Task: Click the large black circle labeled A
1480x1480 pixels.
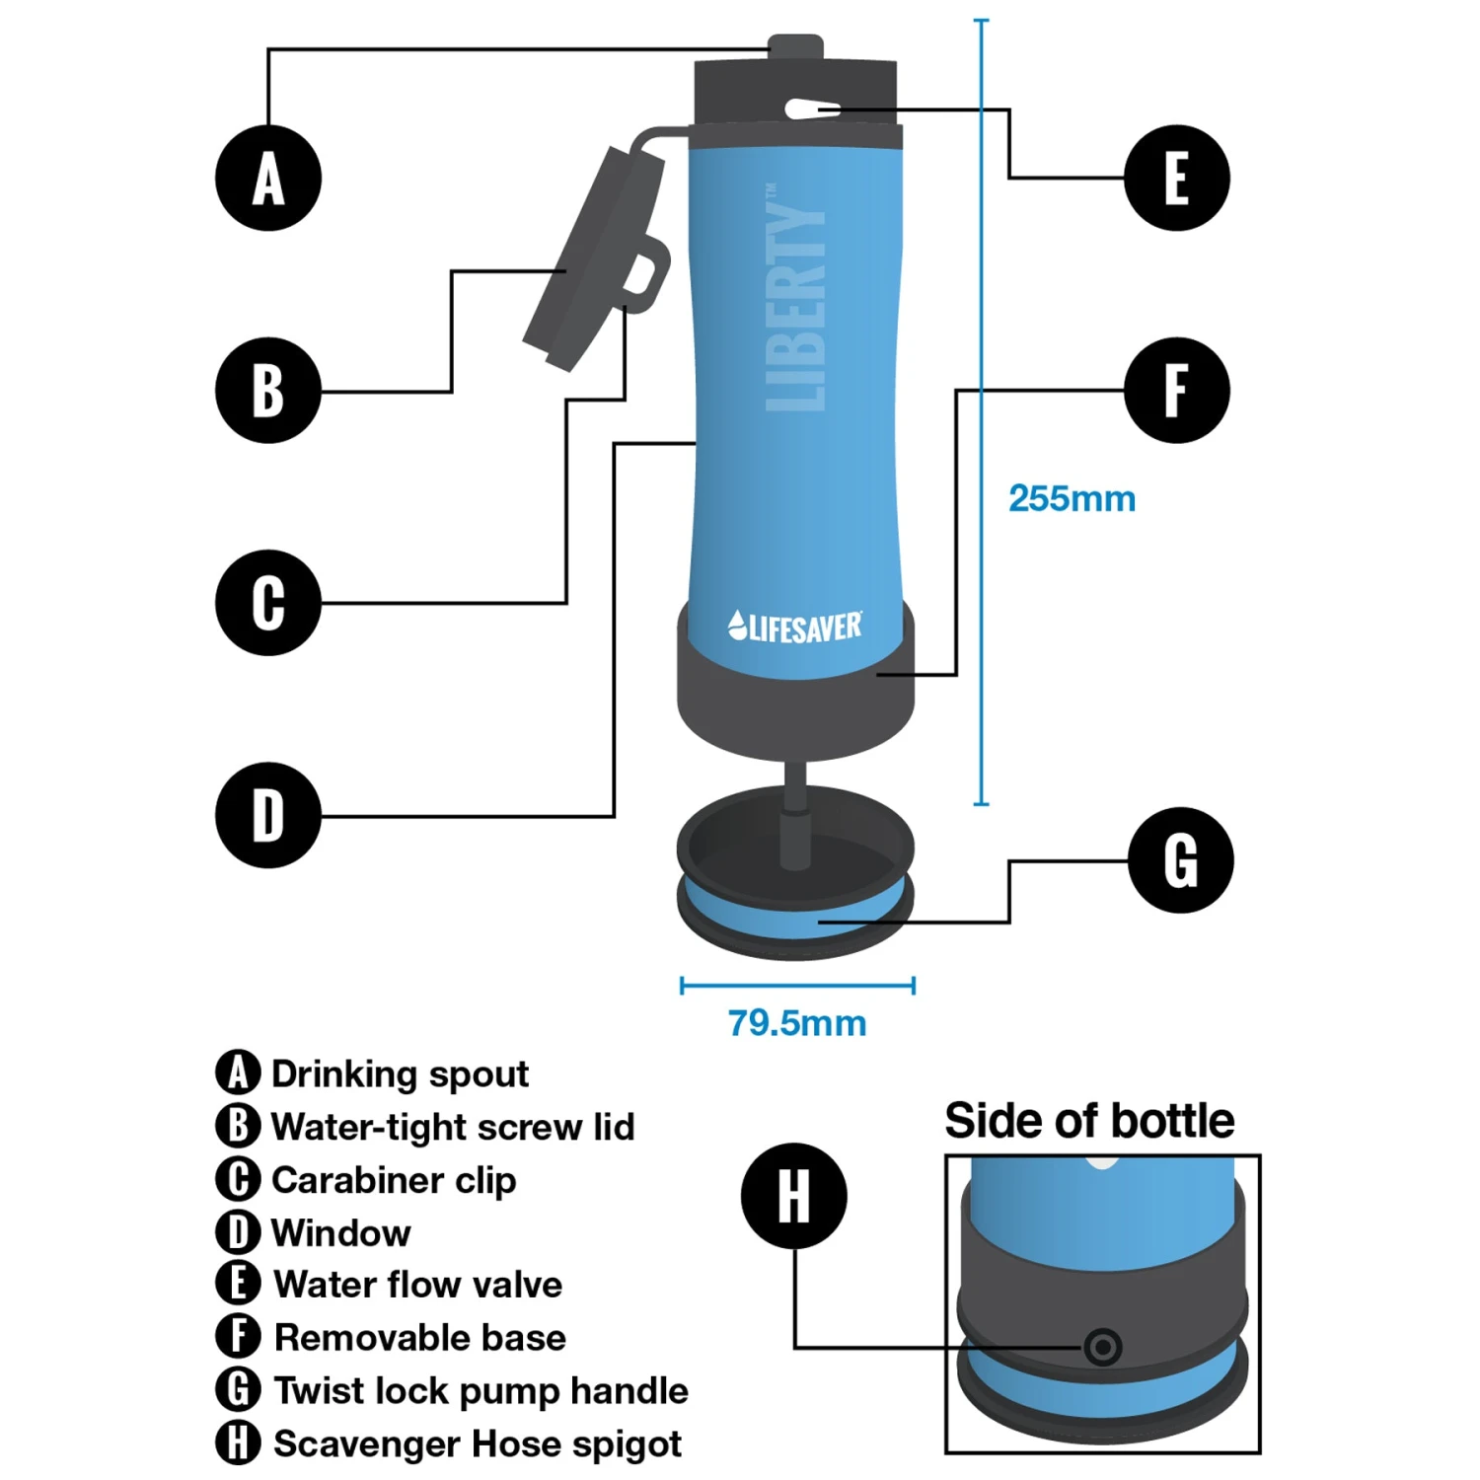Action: [x=268, y=179]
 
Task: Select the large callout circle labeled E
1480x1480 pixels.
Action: [x=1176, y=179]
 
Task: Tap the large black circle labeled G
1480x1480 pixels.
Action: [x=1180, y=859]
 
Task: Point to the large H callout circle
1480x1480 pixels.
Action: [x=794, y=1196]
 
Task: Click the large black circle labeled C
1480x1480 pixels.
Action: [x=268, y=603]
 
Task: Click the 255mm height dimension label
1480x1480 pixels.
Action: [x=1072, y=498]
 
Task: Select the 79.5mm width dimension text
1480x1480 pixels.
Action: [x=797, y=1023]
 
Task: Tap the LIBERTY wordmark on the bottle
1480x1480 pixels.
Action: [x=795, y=297]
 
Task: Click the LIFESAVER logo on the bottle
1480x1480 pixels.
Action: [x=795, y=627]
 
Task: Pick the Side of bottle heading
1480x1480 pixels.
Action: [x=1089, y=1121]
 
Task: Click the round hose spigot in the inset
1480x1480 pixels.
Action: [x=1102, y=1347]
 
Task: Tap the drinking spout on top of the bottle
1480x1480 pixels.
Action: [x=795, y=48]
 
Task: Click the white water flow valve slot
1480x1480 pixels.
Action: [x=813, y=110]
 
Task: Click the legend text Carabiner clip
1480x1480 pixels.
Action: [x=394, y=1180]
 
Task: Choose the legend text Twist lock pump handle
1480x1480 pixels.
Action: [x=481, y=1391]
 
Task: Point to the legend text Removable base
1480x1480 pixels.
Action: [x=420, y=1338]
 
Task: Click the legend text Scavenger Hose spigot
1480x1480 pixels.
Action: [x=478, y=1444]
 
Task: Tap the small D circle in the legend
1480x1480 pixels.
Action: [x=238, y=1232]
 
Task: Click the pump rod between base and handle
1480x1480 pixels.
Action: [x=794, y=814]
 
